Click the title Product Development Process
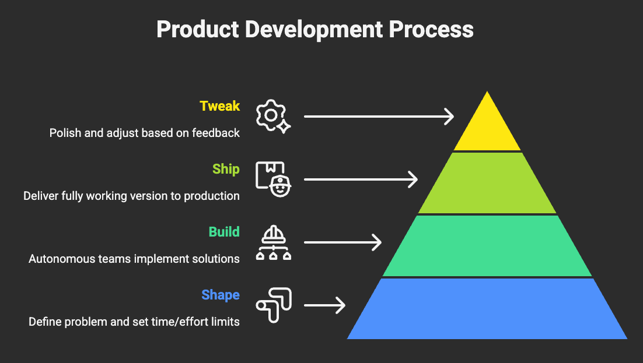tap(315, 30)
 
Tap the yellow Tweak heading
tap(219, 106)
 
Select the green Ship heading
tap(226, 169)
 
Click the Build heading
tap(224, 232)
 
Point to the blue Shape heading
tap(221, 295)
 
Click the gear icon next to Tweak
tap(272, 117)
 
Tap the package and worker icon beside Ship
tap(272, 179)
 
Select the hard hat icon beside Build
tap(272, 242)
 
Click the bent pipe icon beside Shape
tap(272, 305)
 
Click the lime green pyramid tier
tap(487, 184)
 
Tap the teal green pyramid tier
tap(487, 246)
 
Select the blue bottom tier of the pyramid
tap(487, 309)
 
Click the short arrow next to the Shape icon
tap(324, 305)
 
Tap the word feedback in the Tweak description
tap(217, 133)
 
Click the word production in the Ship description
tap(212, 196)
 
